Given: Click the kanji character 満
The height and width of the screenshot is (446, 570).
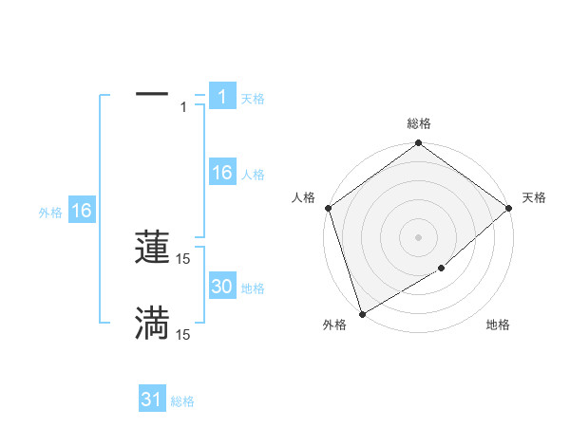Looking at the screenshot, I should [x=152, y=323].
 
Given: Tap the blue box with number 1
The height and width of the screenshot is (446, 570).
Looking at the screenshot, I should [x=221, y=96].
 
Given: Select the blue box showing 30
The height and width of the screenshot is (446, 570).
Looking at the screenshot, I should [x=221, y=287].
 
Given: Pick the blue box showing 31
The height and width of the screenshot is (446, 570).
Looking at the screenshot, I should [x=152, y=400].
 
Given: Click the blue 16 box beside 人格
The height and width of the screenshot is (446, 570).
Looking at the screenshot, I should [x=221, y=173].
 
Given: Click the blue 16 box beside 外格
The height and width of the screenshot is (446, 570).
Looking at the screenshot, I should [x=82, y=211].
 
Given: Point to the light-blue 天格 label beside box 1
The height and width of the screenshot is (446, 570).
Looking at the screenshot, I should [x=253, y=98].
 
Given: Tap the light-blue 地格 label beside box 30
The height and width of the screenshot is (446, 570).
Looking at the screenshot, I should [x=253, y=288].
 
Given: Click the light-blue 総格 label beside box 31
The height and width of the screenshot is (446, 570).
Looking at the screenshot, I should [x=182, y=401].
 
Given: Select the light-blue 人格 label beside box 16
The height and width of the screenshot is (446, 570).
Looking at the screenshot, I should [x=253, y=175].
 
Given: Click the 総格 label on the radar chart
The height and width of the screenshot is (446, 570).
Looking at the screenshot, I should [x=418, y=123].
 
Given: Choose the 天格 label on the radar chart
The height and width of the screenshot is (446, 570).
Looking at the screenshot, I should [x=535, y=197].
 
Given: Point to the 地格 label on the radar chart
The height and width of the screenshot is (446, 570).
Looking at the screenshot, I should [x=498, y=325].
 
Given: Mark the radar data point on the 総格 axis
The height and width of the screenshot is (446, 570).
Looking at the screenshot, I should [x=418, y=144].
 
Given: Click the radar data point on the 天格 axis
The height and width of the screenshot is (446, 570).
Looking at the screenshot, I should [x=510, y=208].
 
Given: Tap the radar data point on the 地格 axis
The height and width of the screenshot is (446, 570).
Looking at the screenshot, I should [x=442, y=269].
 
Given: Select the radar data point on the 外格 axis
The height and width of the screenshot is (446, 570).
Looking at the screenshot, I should [x=362, y=314].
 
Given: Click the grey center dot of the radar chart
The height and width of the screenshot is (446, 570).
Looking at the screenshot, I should [x=418, y=236].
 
